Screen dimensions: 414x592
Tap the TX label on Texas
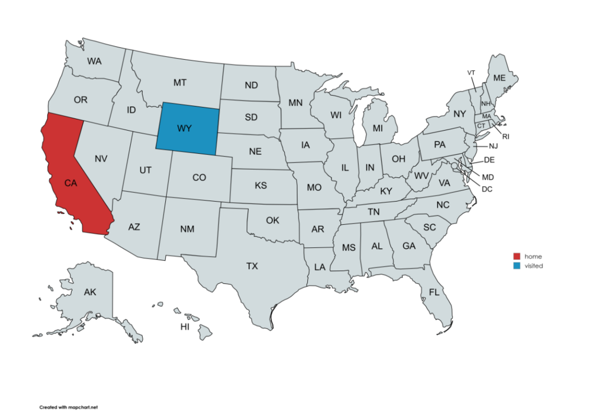(x=252, y=267)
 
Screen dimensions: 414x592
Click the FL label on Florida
(x=435, y=292)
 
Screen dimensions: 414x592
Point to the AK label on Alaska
(x=90, y=292)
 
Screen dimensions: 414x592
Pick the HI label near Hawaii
(x=185, y=326)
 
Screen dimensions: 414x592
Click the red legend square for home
(x=517, y=256)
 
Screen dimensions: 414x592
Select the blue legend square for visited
(x=517, y=266)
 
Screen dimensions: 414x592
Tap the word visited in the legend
(x=533, y=266)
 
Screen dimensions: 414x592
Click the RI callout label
(x=506, y=137)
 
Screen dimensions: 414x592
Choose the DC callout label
(x=487, y=189)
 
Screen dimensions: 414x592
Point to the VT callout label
(x=471, y=73)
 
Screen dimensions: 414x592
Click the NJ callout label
(x=494, y=146)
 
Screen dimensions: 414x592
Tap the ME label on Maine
(x=499, y=78)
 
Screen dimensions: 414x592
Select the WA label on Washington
(x=94, y=61)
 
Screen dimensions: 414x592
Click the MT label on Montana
(x=180, y=83)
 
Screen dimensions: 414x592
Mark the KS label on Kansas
(x=260, y=186)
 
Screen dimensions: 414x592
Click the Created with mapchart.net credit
(x=68, y=407)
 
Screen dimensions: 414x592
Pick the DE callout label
(x=489, y=160)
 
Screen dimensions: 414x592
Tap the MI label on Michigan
(x=377, y=128)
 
